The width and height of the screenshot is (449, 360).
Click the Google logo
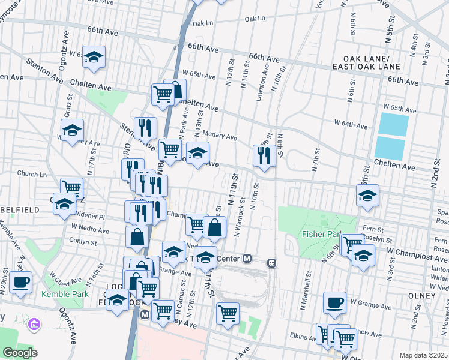pos(20,353)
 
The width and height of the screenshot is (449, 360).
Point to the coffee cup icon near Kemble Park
pos(20,282)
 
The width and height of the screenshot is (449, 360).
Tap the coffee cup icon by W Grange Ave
pos(334,302)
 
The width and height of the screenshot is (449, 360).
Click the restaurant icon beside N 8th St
pos(264,155)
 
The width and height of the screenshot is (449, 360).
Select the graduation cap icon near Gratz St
pos(72,130)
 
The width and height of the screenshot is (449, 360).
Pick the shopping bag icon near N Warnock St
pos(215,227)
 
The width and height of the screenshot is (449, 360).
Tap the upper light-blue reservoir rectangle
pos(393,124)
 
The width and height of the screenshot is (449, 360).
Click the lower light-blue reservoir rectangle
pos(390,149)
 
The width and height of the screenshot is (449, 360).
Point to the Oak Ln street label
pos(255,19)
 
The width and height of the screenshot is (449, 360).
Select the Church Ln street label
pos(32,174)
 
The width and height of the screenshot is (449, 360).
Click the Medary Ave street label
pos(220,136)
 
